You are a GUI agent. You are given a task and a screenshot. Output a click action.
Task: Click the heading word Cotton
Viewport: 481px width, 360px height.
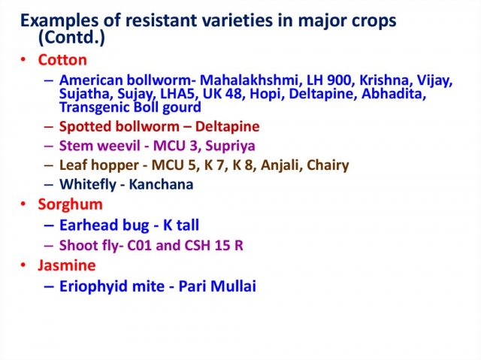(62, 60)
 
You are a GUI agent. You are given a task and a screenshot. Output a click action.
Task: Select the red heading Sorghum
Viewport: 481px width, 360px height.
(70, 205)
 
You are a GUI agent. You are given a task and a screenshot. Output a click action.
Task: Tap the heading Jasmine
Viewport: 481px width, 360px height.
(67, 265)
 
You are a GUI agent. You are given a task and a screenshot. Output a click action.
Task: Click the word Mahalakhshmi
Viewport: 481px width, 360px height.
(249, 80)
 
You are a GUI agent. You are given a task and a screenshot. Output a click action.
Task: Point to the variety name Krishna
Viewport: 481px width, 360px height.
(384, 80)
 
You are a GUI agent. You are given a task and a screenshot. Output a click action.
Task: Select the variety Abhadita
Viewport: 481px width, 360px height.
(394, 94)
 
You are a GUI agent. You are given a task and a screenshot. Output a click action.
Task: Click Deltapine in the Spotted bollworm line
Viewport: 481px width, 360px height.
(227, 127)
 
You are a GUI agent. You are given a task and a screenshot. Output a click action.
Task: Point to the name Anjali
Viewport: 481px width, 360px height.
(280, 165)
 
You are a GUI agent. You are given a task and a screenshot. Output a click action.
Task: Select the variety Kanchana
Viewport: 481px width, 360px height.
(161, 185)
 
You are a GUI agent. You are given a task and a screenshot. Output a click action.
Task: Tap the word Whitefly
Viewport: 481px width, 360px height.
(88, 185)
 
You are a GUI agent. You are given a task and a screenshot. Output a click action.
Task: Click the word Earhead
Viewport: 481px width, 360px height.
(89, 225)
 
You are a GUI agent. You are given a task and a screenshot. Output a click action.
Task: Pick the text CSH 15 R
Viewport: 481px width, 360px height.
(213, 246)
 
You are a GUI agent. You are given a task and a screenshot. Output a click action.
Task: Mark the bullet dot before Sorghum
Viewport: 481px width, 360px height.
(23, 204)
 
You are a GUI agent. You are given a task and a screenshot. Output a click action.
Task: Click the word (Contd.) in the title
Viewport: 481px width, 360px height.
(71, 38)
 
